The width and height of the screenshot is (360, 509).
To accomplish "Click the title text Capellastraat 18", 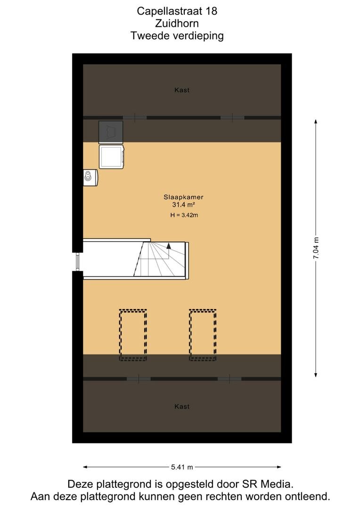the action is (177, 11).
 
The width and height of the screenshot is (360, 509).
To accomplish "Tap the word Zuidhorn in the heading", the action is (177, 24).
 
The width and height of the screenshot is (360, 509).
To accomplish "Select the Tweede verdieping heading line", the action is (177, 36).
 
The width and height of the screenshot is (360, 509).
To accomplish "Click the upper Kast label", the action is (182, 90).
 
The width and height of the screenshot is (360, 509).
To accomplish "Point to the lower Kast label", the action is (182, 406).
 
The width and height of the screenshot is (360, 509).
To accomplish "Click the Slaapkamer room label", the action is (183, 197).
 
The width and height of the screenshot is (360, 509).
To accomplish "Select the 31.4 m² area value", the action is (183, 205).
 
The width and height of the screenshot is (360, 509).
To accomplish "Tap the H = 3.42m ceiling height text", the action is (184, 215).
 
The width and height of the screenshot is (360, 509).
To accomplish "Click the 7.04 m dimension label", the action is (316, 248).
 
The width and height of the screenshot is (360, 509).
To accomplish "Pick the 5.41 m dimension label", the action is (182, 467).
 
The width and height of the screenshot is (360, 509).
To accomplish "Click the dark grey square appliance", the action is (111, 132).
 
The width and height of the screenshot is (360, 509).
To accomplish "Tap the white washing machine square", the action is (112, 157).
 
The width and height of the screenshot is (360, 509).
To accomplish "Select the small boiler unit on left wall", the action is (90, 178).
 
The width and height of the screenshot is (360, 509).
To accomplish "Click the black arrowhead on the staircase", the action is (169, 246).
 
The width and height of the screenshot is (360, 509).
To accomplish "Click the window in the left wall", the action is (78, 262).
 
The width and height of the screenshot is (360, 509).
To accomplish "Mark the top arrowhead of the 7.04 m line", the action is (316, 122).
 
